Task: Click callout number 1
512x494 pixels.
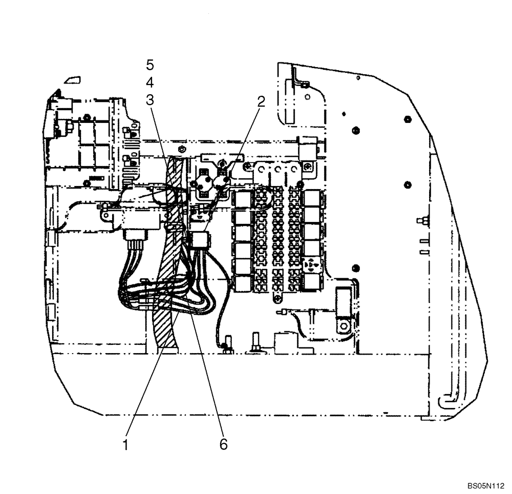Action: (125, 444)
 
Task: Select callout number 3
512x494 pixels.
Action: (150, 100)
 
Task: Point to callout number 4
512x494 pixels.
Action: (150, 83)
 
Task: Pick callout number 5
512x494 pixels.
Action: (150, 65)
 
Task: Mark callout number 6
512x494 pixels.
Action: (223, 444)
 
